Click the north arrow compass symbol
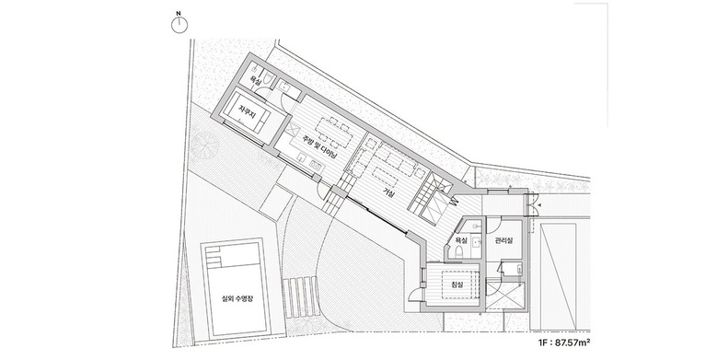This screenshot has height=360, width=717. (179, 25)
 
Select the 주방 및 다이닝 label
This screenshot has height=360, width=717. (319, 147)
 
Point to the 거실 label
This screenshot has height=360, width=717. (389, 193)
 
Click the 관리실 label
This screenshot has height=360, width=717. (503, 240)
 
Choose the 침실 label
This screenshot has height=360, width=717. (457, 285)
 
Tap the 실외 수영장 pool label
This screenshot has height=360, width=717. (237, 298)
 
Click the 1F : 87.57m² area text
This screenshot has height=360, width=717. (565, 342)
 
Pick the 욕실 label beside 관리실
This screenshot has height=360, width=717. (461, 240)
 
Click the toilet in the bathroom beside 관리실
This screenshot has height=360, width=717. (460, 251)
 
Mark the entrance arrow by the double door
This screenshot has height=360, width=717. (538, 205)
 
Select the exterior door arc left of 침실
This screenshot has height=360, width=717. (414, 292)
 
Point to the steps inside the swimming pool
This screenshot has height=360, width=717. (214, 258)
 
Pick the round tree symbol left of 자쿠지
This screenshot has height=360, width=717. (203, 143)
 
